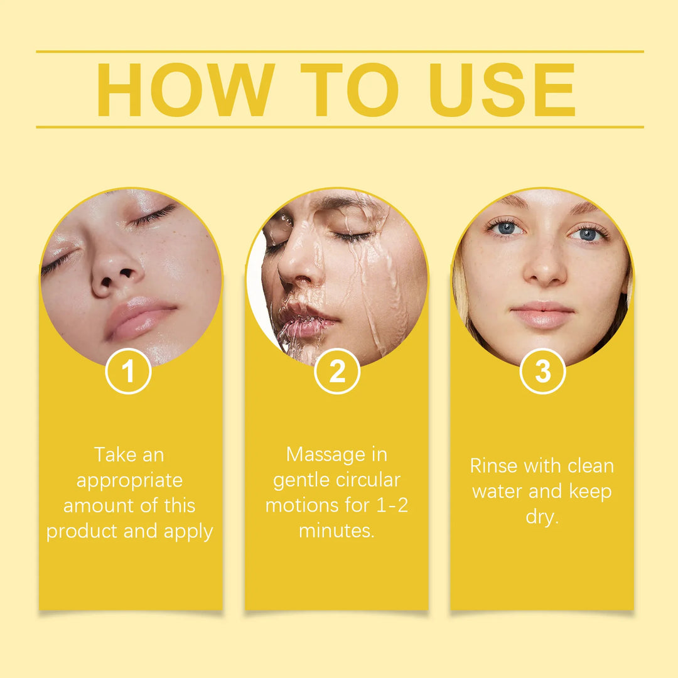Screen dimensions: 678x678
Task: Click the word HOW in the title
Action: [x=186, y=90]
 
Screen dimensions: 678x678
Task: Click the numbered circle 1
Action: [x=128, y=372]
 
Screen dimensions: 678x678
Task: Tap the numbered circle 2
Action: [x=337, y=372]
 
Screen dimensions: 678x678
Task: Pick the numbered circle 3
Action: [x=542, y=372]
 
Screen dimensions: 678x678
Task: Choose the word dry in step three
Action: [x=541, y=518]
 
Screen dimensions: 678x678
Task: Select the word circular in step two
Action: [x=368, y=480]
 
